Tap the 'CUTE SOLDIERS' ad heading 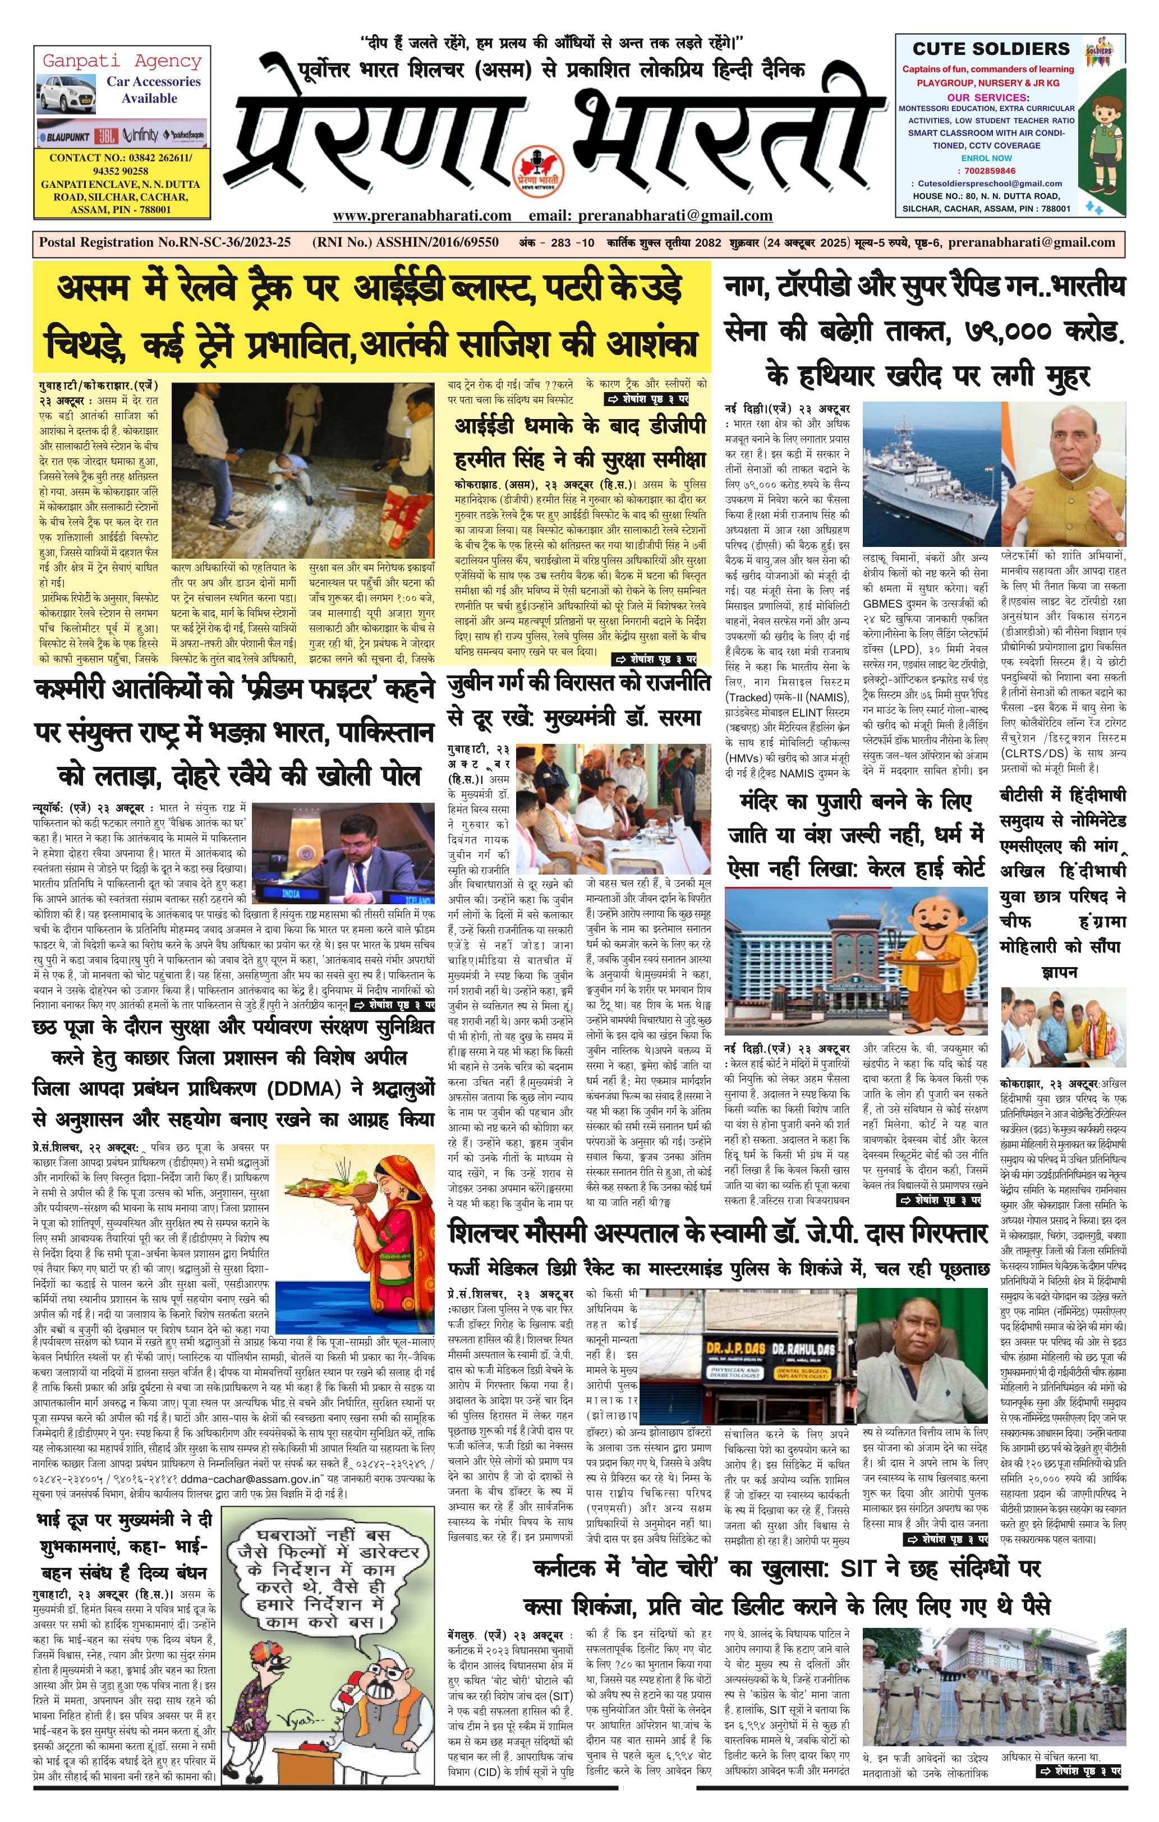(991, 48)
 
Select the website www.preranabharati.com (421, 215)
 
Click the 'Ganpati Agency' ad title (122, 61)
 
